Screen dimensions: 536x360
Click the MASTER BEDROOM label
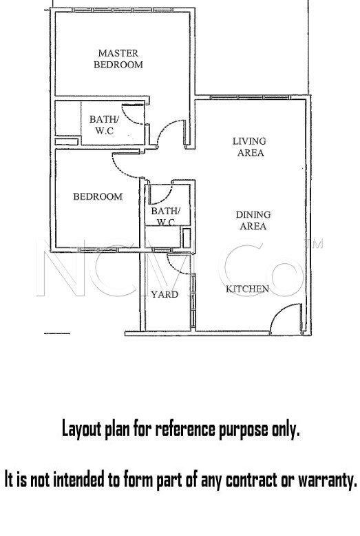point(118,59)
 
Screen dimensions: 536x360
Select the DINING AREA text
point(253,220)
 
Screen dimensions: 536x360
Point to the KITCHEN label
point(247,289)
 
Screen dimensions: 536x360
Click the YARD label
point(165,294)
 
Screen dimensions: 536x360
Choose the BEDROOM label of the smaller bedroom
point(98,196)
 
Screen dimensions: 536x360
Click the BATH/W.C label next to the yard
point(165,216)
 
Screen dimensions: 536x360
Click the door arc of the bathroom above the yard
point(158,196)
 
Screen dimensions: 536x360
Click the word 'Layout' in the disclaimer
point(81,430)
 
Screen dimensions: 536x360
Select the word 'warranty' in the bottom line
point(326,479)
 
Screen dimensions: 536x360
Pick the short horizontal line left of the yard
point(57,333)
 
